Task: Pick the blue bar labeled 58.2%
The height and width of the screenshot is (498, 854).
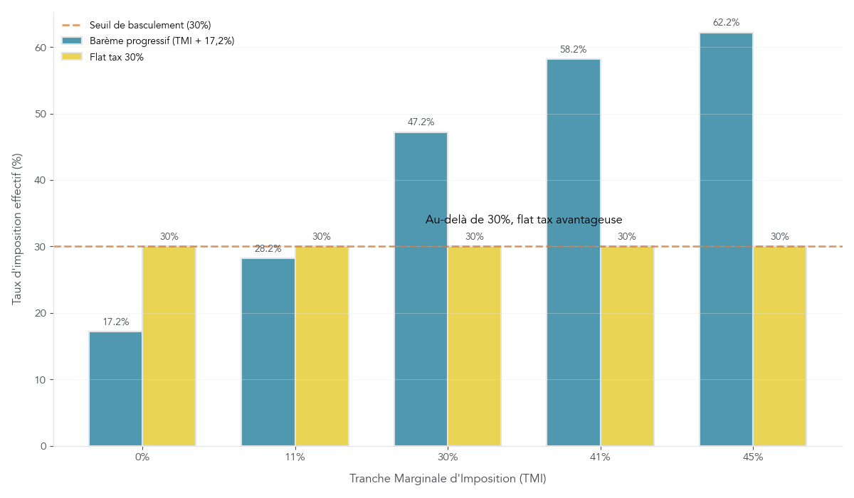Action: [x=574, y=253]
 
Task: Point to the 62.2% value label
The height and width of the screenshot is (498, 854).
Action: [x=726, y=23]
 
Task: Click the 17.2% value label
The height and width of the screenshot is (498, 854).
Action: [x=115, y=322]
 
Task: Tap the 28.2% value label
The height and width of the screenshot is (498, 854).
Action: [x=268, y=249]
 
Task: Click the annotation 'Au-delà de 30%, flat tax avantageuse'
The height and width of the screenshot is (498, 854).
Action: [x=524, y=220]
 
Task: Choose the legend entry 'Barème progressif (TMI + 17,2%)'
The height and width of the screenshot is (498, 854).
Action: [x=162, y=41]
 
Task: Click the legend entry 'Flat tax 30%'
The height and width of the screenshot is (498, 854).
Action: [x=117, y=57]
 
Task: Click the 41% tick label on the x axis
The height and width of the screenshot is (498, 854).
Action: [x=600, y=457]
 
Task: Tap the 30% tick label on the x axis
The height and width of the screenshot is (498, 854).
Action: [x=448, y=457]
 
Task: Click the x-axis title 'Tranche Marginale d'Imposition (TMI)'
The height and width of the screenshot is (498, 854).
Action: [x=448, y=479]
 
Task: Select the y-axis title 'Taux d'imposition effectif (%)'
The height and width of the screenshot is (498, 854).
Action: [x=18, y=228]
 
